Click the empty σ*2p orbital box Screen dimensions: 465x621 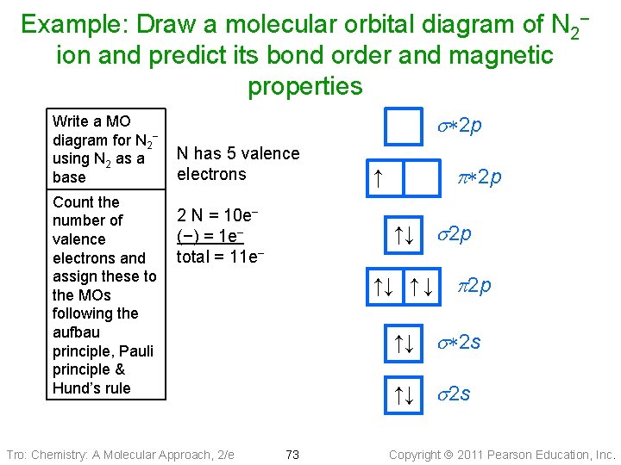(404, 127)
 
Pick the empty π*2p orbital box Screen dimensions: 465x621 (421, 179)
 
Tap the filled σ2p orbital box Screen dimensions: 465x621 (404, 233)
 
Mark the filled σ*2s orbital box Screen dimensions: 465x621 (404, 342)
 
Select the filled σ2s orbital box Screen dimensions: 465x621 (404, 394)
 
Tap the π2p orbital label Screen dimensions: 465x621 (473, 285)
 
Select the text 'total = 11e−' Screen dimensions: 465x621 (220, 257)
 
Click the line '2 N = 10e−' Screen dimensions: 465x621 (219, 215)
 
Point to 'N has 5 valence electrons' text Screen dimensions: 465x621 (237, 164)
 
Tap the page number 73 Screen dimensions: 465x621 (292, 454)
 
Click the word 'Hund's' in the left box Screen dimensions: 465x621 (73, 387)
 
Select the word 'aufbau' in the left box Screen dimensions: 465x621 (76, 332)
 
